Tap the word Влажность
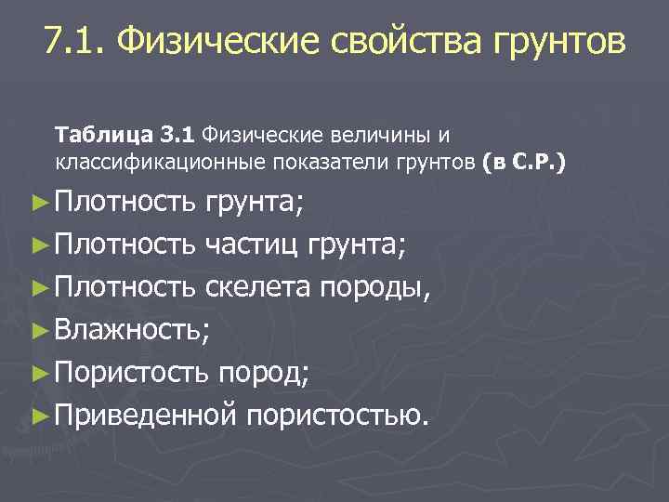pyautogui.click(x=134, y=326)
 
